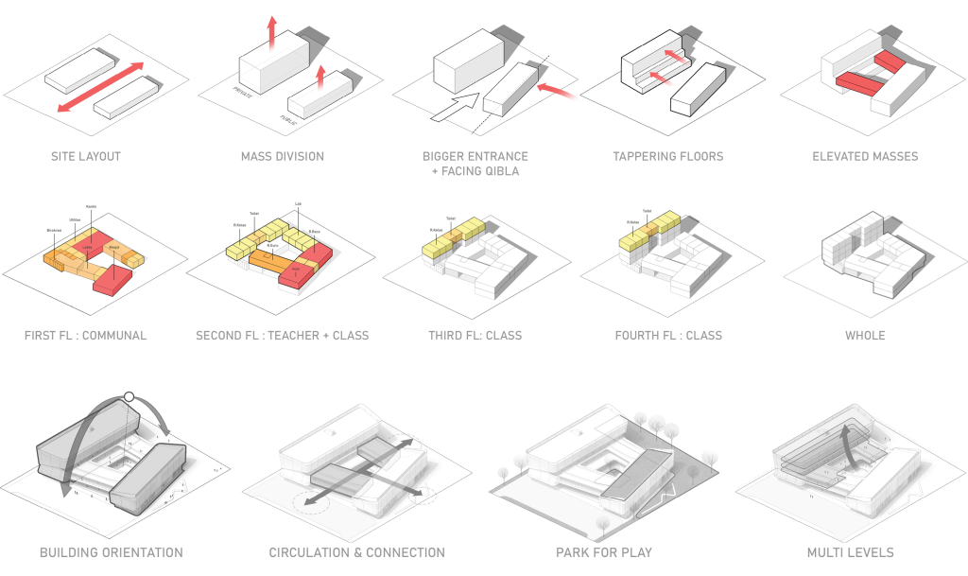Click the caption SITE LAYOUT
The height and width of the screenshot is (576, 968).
point(86,156)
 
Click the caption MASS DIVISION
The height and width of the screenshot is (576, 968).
point(283,156)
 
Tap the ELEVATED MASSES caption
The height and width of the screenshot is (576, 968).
point(865,156)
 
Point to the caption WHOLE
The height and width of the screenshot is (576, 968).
point(865,335)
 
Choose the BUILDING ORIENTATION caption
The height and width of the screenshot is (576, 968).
point(112,552)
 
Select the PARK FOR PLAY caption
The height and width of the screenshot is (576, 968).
point(605,552)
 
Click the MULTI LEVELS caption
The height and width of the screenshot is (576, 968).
point(851,552)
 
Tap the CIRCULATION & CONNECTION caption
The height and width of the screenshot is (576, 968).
point(357,552)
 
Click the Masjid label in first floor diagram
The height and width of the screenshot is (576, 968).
point(113,248)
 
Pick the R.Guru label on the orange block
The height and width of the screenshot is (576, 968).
point(271,245)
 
